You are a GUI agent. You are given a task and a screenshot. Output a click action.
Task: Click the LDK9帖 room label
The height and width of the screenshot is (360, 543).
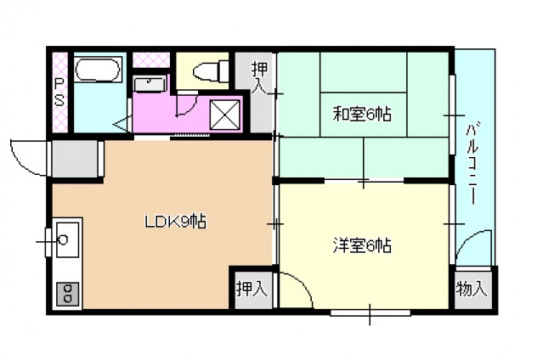click(x=175, y=222)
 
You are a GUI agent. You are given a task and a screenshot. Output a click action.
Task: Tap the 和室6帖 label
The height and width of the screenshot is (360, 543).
click(x=362, y=114)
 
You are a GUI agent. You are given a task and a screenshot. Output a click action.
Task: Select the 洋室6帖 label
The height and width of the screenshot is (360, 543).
click(x=362, y=245)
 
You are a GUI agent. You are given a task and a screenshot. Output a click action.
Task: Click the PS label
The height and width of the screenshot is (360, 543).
click(x=59, y=92)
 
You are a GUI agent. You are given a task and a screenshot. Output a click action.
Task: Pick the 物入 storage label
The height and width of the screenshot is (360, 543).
click(x=472, y=289)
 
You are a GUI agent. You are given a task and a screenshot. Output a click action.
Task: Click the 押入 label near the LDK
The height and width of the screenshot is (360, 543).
click(x=252, y=289)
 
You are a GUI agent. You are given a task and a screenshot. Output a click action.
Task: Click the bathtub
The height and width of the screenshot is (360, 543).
click(x=98, y=70)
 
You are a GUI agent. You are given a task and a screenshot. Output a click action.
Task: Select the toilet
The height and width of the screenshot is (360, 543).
click(x=211, y=71)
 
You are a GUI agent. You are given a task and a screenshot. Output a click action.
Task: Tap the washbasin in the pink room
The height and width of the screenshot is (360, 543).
click(x=150, y=84)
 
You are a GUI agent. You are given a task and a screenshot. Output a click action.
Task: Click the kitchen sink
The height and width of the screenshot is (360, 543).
click(x=67, y=239)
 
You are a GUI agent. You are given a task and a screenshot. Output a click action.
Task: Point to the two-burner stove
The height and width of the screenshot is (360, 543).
click(x=67, y=294)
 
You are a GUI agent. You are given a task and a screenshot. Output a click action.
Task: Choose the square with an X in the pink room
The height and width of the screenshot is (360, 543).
click(x=225, y=115)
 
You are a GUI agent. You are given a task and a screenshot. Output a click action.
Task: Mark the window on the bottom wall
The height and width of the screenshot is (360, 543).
click(x=370, y=313)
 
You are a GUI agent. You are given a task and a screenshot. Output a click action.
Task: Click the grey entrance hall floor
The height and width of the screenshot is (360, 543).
click(x=75, y=159)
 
